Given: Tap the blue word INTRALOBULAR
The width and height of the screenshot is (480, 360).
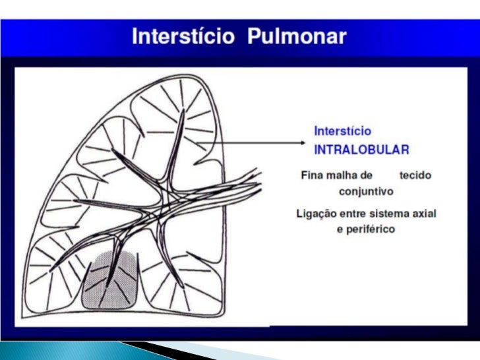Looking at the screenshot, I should click(x=361, y=149).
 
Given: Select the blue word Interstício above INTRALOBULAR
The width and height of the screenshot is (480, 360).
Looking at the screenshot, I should click(x=342, y=131).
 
